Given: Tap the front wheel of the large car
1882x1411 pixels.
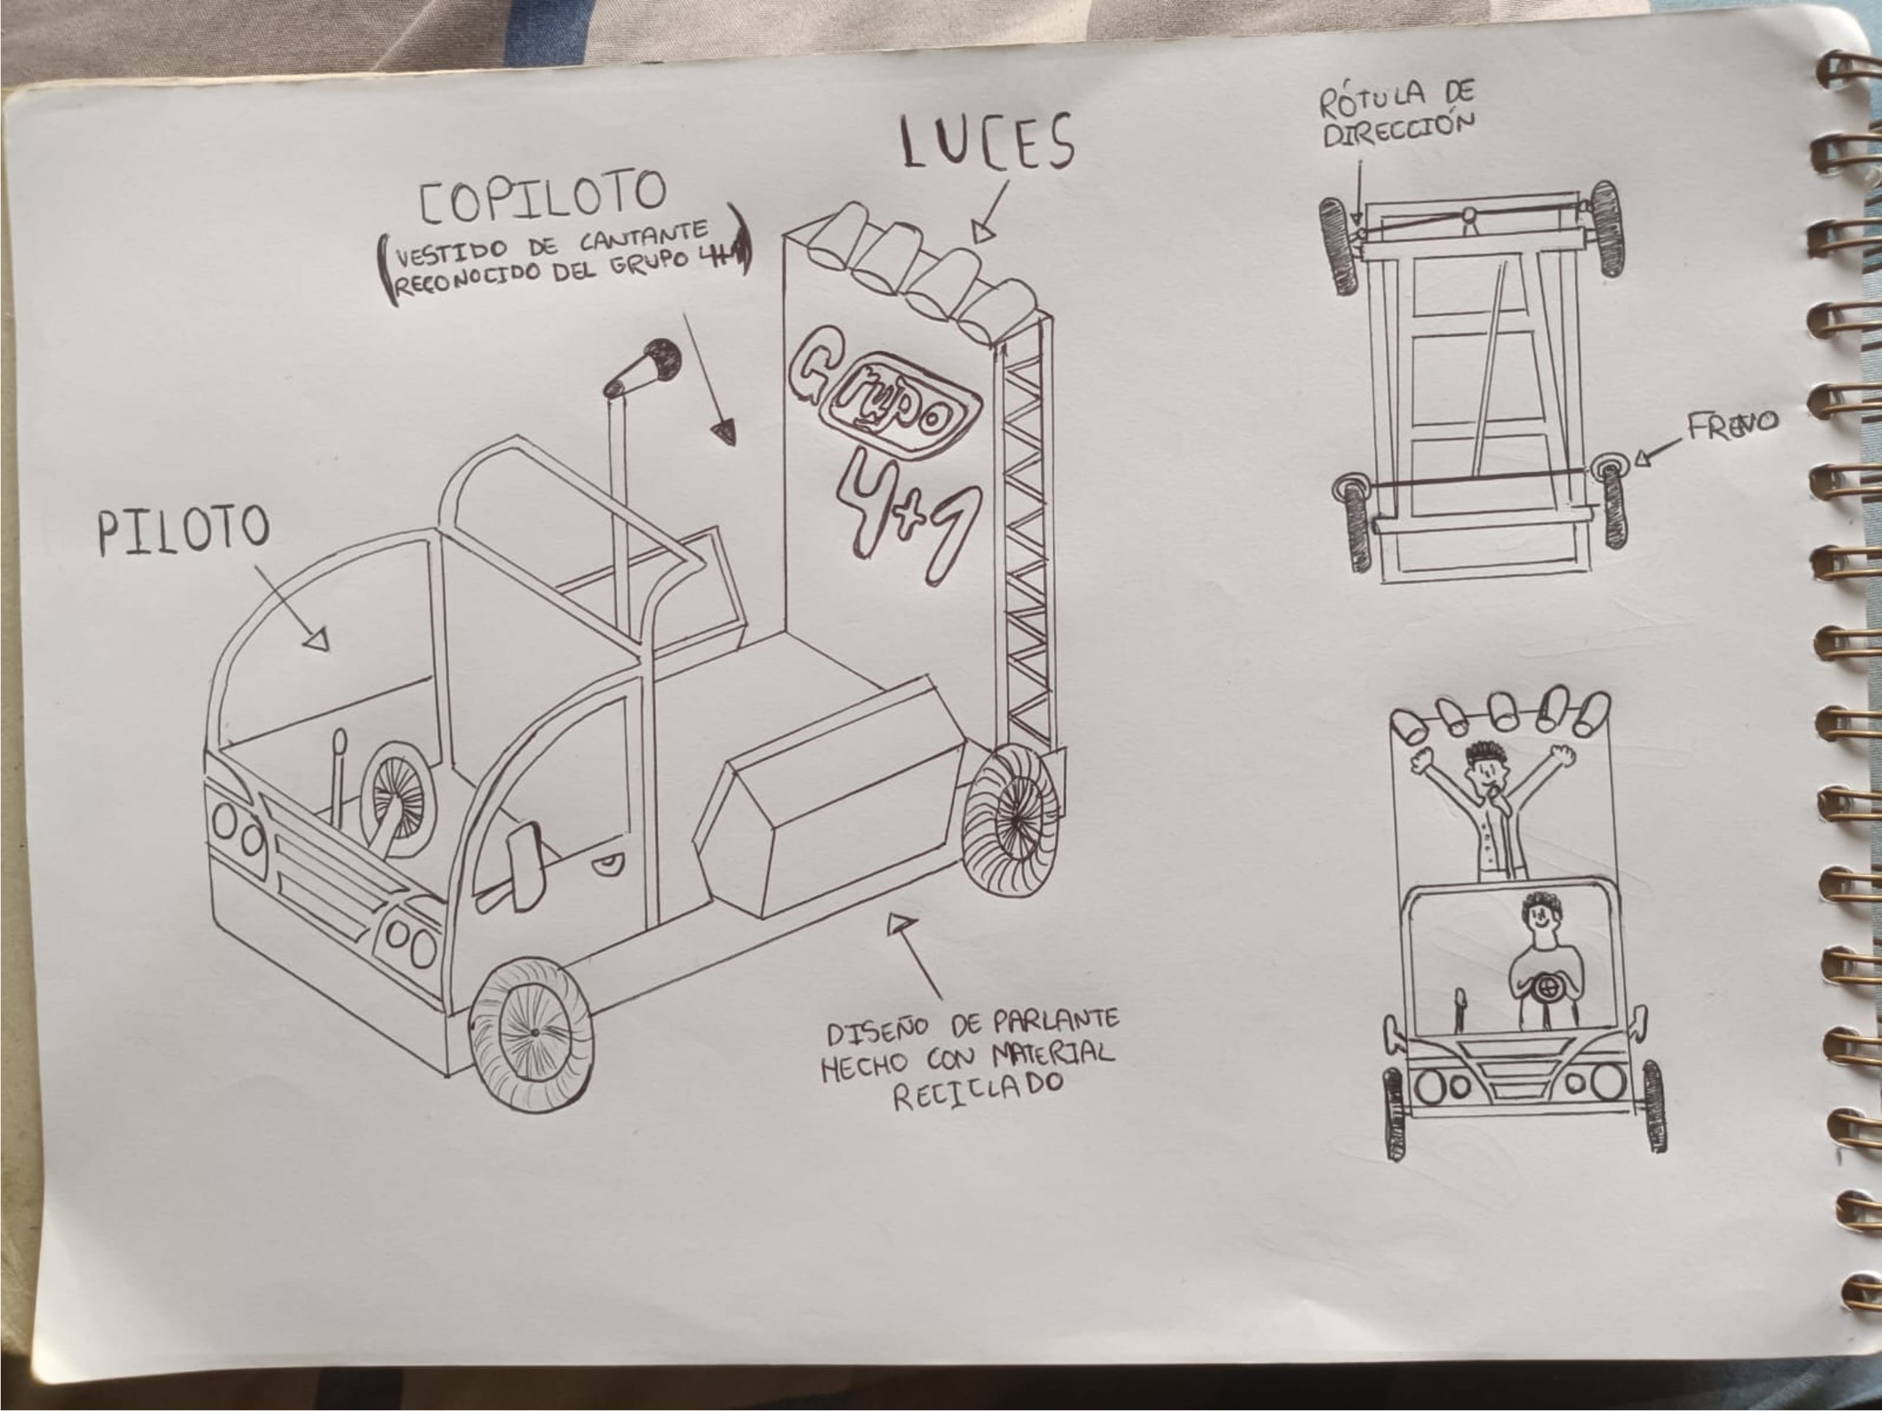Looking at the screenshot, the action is pyautogui.click(x=532, y=1033).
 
